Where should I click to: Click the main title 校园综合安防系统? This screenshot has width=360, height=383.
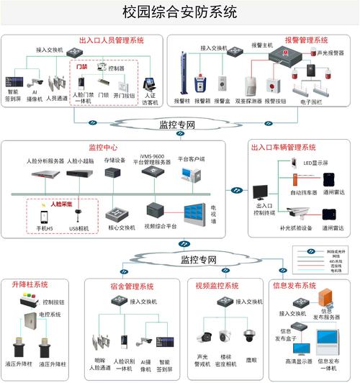181,13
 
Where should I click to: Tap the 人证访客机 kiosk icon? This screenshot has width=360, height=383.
150,86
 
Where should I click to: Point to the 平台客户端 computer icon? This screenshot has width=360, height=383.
190,175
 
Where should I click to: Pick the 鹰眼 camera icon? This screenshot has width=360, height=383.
249,335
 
